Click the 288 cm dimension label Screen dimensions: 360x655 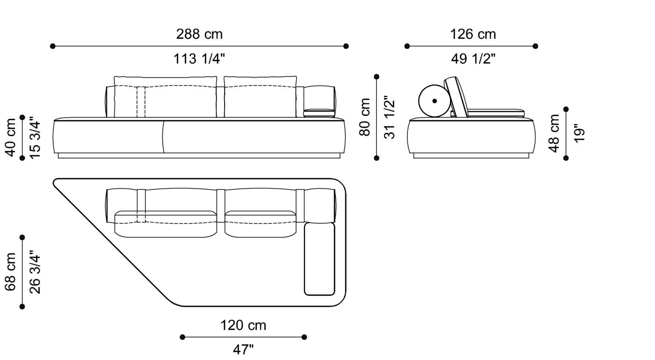[199, 34]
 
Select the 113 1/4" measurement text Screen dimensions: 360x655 [199, 59]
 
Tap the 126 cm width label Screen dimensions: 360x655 [473, 34]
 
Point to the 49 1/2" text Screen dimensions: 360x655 [473, 59]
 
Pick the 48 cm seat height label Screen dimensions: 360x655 [554, 133]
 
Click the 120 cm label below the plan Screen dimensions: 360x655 [243, 325]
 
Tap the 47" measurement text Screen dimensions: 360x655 [243, 349]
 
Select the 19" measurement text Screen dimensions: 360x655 [579, 133]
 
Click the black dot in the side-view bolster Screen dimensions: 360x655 [435, 101]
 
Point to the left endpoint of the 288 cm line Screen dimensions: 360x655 [52, 46]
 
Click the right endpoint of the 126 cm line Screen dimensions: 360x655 [536, 46]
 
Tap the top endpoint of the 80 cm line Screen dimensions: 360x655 [377, 76]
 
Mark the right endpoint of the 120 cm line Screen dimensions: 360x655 [304, 337]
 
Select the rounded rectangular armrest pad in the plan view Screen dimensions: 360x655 [320, 259]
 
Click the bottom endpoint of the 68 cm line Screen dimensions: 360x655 [22, 307]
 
